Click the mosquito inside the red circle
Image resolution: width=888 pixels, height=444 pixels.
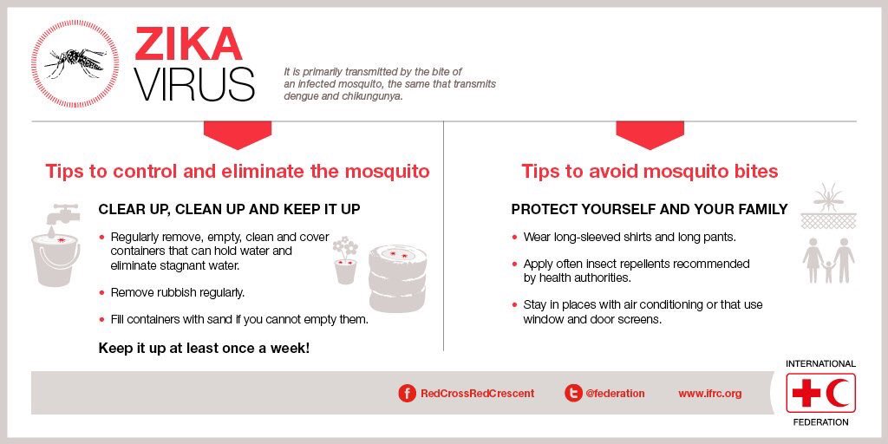(76, 62)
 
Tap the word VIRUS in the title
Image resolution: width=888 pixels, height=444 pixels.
(194, 84)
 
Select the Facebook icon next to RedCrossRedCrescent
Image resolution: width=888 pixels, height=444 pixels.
(407, 393)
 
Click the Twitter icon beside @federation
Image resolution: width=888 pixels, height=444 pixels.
(572, 393)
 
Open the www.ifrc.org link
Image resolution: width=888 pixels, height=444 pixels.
(709, 393)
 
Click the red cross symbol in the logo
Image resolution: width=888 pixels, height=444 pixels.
(806, 394)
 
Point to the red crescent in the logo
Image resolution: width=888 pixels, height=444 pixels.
(837, 394)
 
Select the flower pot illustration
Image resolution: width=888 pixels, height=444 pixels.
(345, 261)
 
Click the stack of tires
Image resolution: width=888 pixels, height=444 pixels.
(398, 279)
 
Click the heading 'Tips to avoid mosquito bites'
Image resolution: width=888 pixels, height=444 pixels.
(650, 171)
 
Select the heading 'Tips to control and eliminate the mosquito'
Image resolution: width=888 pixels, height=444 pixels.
(237, 171)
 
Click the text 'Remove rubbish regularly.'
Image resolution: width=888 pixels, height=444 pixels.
(177, 292)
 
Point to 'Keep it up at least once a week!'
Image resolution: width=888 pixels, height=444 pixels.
(204, 348)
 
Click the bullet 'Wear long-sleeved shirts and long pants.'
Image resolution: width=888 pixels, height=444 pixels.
(629, 237)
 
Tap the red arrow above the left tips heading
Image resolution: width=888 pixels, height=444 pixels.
(237, 134)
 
